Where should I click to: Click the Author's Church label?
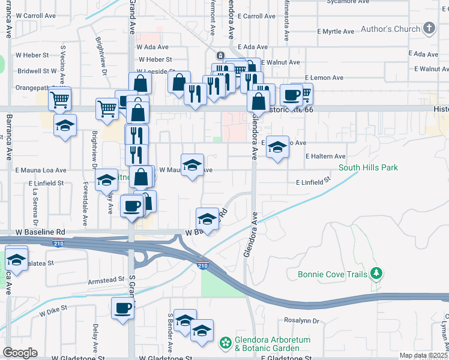pyautogui.click(x=390, y=29)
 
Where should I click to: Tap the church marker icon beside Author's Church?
pyautogui.click(x=429, y=28)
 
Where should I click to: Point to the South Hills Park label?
pyautogui.click(x=368, y=168)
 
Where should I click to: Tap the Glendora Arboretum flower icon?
pyautogui.click(x=226, y=343)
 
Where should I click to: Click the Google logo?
pyautogui.click(x=20, y=352)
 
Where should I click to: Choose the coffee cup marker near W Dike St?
pyautogui.click(x=123, y=309)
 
